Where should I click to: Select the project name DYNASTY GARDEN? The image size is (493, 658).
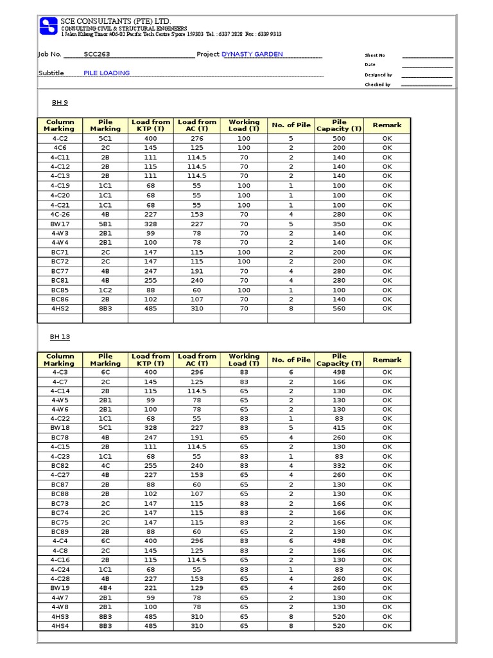[252, 55]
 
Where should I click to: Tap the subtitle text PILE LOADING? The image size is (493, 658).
[107, 73]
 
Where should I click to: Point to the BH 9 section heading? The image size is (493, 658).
[60, 103]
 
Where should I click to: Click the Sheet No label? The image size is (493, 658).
[375, 56]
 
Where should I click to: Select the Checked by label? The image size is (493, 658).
[377, 85]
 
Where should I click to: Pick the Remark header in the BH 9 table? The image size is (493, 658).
[387, 125]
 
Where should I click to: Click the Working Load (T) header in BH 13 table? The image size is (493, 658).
[244, 360]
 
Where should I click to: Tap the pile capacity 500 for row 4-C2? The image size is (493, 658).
[339, 138]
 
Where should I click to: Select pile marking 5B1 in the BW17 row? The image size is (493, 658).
[105, 224]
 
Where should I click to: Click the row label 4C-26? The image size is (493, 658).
[59, 215]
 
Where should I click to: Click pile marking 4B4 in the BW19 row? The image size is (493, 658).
[105, 588]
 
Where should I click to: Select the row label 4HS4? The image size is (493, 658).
[59, 626]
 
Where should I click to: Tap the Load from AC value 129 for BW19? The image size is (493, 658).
[197, 588]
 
